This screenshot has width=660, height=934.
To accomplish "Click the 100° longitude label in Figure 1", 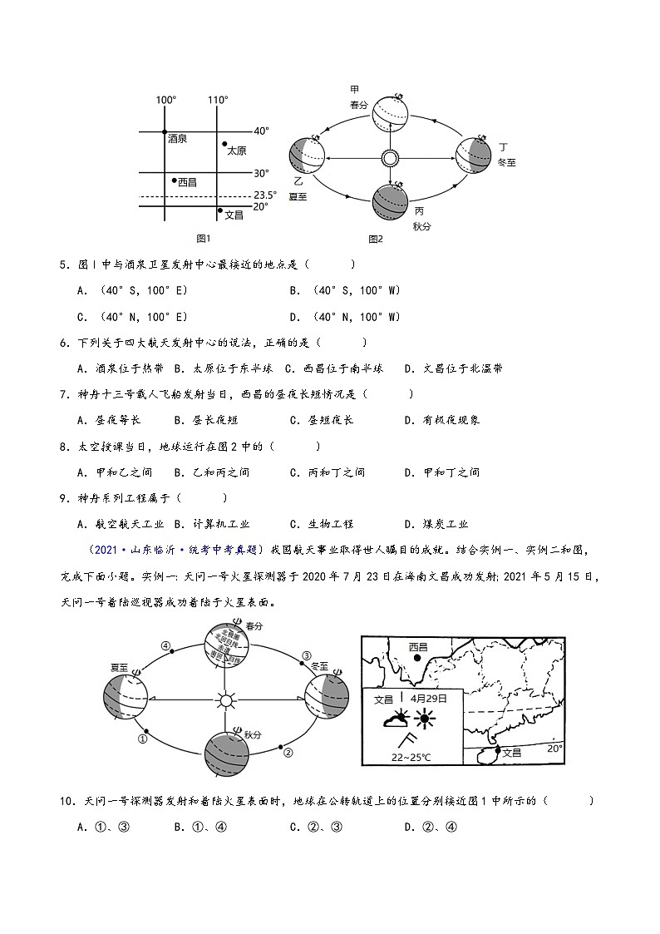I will pos(166,101).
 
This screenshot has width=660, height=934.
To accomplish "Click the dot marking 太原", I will pos(224,144).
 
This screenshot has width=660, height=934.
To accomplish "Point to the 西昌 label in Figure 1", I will pos(187,181).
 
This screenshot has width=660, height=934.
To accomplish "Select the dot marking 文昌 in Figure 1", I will pos(219,210).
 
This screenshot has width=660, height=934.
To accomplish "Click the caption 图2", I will pos(376,240).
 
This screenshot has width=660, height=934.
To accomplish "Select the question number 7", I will pos(64,394).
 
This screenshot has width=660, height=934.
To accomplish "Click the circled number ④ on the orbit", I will pos(165,645).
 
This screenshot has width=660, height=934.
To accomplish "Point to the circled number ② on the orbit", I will pos(288,754).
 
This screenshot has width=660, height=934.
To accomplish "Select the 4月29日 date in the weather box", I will pos(428,699).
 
